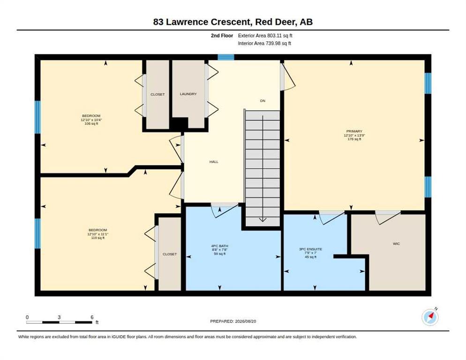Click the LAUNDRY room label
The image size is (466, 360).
coord(188,94)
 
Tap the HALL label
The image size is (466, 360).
coord(214,162)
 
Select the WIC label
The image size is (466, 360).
coord(396,244)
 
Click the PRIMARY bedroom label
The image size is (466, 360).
coord(354,131)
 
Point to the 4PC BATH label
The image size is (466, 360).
coord(219,246)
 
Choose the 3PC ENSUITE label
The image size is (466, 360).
coord(310,249)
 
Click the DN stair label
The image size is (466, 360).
coord(263,101)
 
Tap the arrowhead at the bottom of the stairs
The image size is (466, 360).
coord(263,220)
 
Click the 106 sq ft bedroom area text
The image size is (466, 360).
coord(91,124)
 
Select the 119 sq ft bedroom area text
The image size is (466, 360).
coord(98,238)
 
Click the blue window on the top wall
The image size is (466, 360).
coord(226,57)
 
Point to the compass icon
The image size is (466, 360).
coord(430,317)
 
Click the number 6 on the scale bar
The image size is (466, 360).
coord(92,317)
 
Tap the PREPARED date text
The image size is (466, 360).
coord(233,322)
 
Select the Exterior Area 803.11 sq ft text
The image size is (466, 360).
coord(265,36)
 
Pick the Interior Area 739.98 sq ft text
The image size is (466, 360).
coord(264,44)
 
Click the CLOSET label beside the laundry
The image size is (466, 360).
coord(158,95)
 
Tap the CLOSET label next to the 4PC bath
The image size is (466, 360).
coord(170,254)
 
